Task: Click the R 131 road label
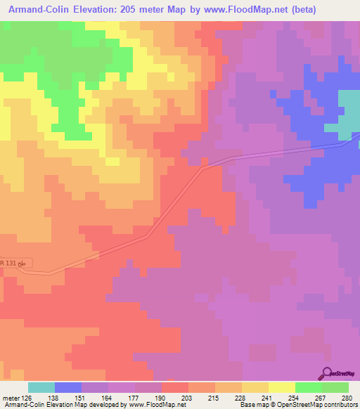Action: point(15,264)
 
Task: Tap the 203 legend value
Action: point(188,397)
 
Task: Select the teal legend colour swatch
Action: point(41,387)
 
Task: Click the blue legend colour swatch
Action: point(68,387)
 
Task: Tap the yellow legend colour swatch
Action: point(282,387)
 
